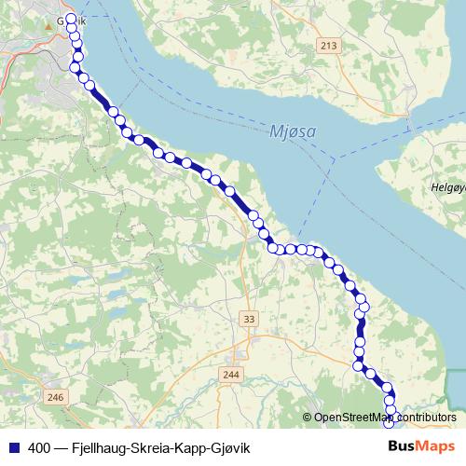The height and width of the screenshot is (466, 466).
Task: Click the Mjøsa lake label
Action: click(295, 131)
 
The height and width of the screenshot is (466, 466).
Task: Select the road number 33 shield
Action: click(248, 320)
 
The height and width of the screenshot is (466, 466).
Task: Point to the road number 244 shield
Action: click(230, 375)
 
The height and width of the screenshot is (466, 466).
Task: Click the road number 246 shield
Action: click(56, 398)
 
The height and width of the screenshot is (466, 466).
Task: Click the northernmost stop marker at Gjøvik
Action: click(72, 19)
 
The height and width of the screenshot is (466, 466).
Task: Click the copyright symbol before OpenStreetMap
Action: click(308, 418)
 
